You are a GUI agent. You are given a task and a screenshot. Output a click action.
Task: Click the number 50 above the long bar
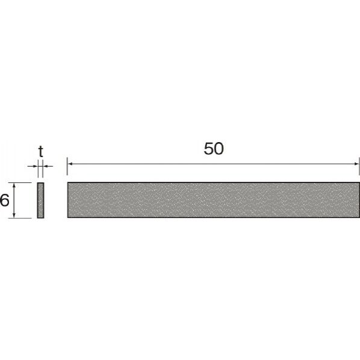click(213, 149)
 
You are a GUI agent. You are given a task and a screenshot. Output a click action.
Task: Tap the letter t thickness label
click(40, 152)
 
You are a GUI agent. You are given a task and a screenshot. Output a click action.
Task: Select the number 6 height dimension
click(4, 200)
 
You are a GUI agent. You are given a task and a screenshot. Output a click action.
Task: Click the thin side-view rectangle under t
click(40, 200)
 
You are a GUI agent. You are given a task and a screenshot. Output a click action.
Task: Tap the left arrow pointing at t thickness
click(34, 166)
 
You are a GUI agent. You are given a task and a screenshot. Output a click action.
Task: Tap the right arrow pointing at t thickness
click(47, 166)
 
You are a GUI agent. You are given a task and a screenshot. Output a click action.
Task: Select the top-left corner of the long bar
click(68, 182)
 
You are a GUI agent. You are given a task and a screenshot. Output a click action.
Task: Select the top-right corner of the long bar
click(359, 182)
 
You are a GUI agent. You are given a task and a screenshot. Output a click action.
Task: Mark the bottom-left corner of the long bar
click(68, 217)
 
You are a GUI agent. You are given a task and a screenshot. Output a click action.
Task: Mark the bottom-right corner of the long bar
click(359, 217)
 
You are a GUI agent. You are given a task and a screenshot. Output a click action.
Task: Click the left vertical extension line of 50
click(67, 169)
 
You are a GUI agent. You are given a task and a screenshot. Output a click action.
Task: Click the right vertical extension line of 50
click(359, 169)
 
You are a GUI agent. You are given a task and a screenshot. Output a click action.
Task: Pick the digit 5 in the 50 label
click(208, 149)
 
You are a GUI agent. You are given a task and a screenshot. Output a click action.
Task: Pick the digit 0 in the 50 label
click(219, 149)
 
